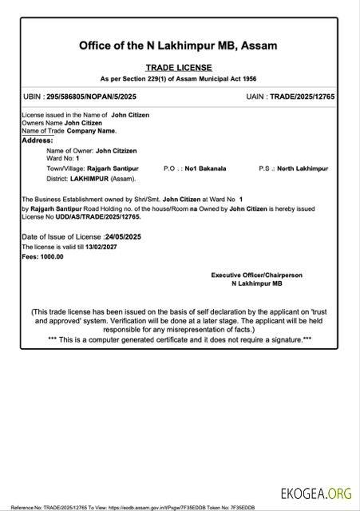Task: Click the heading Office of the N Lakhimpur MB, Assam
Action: click(x=178, y=46)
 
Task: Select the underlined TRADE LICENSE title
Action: click(x=178, y=69)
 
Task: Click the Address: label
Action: click(x=37, y=140)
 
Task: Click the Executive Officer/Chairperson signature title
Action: click(x=256, y=275)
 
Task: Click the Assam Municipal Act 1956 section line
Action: click(x=178, y=80)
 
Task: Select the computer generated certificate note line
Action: click(x=179, y=339)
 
